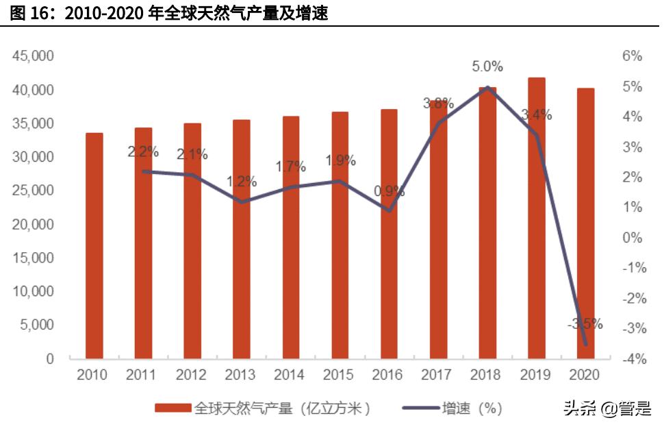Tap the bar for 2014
pos(291,237)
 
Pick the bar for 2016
pos(389,234)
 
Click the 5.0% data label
pos(487,66)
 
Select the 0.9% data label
pos(389,191)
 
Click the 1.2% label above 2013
pos(241,182)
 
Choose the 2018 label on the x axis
pos(486,375)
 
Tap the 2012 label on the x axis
pos(191,375)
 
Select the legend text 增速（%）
pos(472,408)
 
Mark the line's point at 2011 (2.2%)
pos(143,171)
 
